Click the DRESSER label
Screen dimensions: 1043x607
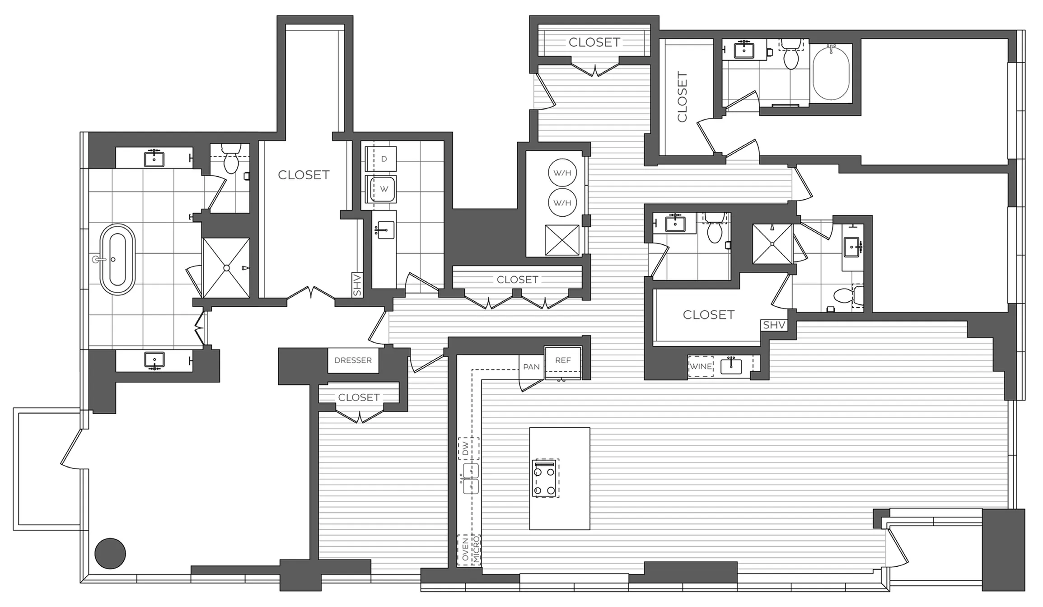click(353, 360)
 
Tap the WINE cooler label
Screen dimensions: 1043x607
click(701, 366)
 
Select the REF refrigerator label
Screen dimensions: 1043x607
click(563, 360)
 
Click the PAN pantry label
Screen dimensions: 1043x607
click(531, 367)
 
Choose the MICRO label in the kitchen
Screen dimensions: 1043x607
click(476, 550)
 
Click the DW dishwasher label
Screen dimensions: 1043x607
click(466, 448)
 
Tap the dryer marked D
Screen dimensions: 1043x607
click(384, 159)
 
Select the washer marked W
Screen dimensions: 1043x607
click(384, 189)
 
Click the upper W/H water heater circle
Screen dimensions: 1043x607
click(562, 173)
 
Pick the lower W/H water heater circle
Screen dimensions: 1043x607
click(562, 203)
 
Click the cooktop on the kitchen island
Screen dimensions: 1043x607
click(545, 478)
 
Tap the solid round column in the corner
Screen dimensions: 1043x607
click(110, 553)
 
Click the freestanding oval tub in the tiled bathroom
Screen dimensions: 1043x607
click(117, 259)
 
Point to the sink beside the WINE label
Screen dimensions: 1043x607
click(731, 366)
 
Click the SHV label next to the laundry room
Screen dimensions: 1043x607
click(357, 285)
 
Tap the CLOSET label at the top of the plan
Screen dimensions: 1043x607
click(594, 42)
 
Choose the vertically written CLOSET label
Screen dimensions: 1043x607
click(682, 97)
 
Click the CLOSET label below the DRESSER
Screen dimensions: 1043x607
click(359, 397)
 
